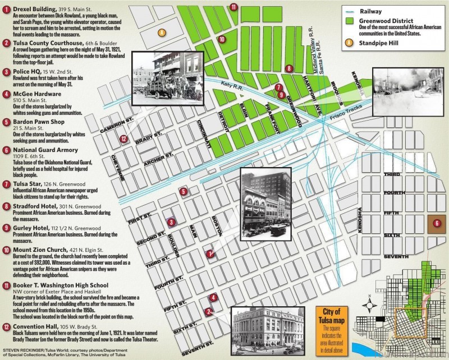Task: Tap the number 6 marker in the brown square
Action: coord(437,223)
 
